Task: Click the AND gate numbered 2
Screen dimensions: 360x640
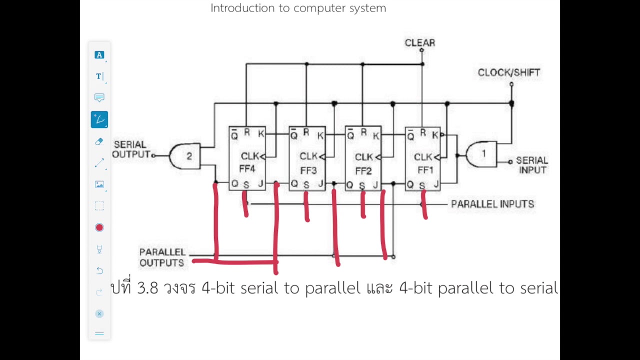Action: pyautogui.click(x=186, y=156)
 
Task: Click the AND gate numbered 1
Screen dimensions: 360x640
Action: pyautogui.click(x=481, y=154)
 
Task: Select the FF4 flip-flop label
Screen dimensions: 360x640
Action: pyautogui.click(x=247, y=169)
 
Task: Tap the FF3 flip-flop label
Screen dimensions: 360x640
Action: pyautogui.click(x=308, y=170)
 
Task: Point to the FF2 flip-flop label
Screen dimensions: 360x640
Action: pyautogui.click(x=363, y=171)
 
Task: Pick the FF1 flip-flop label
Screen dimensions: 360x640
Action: pyautogui.click(x=425, y=170)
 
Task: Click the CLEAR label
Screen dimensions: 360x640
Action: pyautogui.click(x=419, y=43)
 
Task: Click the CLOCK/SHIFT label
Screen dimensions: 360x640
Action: pyautogui.click(x=508, y=72)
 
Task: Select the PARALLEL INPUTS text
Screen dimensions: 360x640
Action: pyautogui.click(x=492, y=204)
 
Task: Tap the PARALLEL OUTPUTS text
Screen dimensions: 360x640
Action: pyautogui.click(x=162, y=257)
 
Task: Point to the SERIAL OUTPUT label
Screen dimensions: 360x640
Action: pyautogui.click(x=131, y=149)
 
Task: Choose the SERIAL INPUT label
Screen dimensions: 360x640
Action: pyautogui.click(x=531, y=165)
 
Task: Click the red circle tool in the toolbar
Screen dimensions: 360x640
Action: pyautogui.click(x=99, y=227)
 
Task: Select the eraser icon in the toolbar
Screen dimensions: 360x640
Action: pyautogui.click(x=99, y=141)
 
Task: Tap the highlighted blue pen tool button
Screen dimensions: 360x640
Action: pyautogui.click(x=99, y=119)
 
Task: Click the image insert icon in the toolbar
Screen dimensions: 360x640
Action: pyautogui.click(x=99, y=184)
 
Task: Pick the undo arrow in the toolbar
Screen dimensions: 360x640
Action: pyautogui.click(x=99, y=270)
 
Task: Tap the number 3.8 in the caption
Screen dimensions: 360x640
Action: pyautogui.click(x=147, y=288)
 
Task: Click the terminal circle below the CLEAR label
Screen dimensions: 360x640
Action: pyautogui.click(x=421, y=50)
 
